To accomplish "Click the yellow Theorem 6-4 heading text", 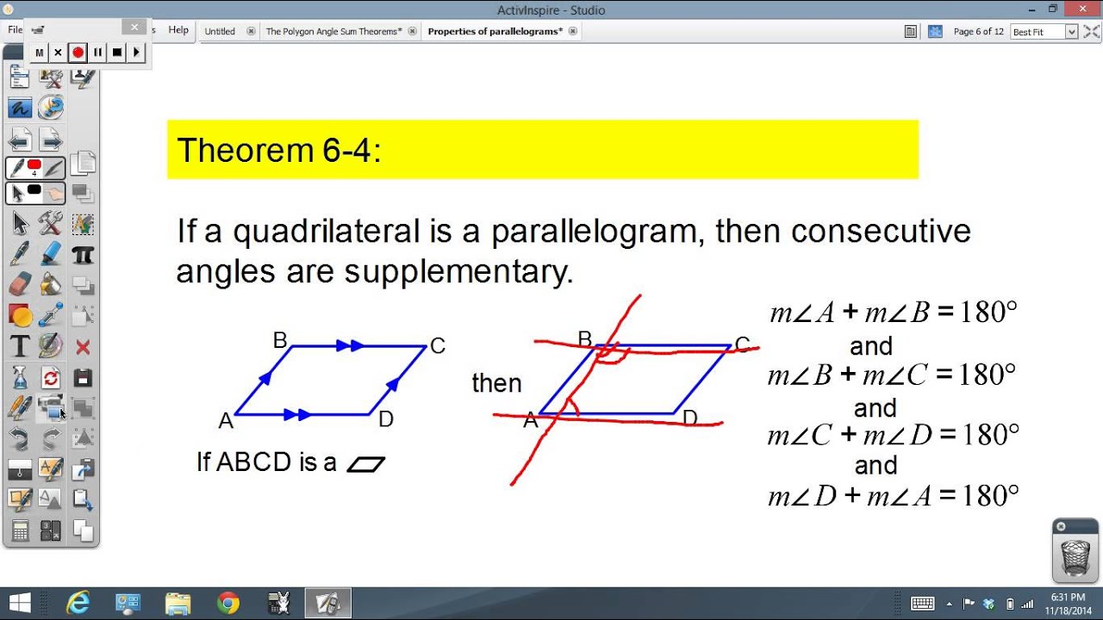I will (279, 151).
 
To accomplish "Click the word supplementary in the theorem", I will (458, 272).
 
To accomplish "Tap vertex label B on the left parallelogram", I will (279, 340).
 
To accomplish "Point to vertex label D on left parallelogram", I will (386, 419).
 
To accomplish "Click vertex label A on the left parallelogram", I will (226, 421).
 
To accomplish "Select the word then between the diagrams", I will (496, 383).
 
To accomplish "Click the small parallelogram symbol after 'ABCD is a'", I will (365, 464).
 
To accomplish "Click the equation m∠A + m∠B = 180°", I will (893, 312).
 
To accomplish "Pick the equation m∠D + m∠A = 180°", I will (893, 496).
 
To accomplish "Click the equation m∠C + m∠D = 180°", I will (893, 435).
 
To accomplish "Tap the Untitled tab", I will (220, 31).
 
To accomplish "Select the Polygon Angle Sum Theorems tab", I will (333, 31).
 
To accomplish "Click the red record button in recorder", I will (78, 53).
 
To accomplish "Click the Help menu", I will (178, 30).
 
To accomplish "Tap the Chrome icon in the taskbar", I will (228, 603).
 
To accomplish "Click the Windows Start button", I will (19, 603).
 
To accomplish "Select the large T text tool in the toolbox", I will (20, 347).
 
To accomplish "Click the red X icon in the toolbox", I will (83, 347).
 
